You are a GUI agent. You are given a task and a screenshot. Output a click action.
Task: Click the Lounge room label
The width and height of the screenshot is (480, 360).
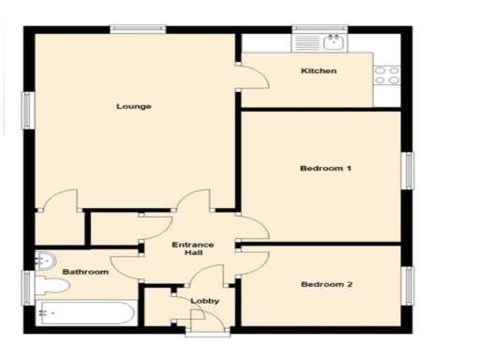pyautogui.click(x=133, y=106)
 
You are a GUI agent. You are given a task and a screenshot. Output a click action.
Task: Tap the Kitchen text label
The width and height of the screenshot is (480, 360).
pyautogui.click(x=318, y=71)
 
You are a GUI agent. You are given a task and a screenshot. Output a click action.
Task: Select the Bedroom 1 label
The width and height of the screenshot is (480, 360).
pyautogui.click(x=325, y=169)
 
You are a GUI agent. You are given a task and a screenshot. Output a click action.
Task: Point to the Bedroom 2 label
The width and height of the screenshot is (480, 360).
pyautogui.click(x=325, y=284)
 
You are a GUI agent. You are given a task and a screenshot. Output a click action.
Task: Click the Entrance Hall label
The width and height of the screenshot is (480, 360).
pyautogui.click(x=192, y=249)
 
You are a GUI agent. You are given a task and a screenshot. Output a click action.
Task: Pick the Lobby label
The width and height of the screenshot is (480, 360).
pyautogui.click(x=204, y=301)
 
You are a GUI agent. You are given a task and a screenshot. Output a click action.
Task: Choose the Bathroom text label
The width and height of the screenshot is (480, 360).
pyautogui.click(x=85, y=272)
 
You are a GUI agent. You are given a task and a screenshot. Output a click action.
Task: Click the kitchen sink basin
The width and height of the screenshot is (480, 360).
pyautogui.click(x=332, y=42)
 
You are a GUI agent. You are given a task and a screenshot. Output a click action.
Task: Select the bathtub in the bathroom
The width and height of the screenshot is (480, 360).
pyautogui.click(x=86, y=314)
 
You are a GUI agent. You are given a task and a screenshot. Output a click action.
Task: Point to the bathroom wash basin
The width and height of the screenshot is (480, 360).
pyautogui.click(x=43, y=262)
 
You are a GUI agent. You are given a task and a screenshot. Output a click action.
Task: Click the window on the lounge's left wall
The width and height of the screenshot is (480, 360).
pyautogui.click(x=29, y=111)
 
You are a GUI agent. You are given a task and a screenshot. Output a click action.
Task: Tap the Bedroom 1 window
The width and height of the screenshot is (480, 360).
pyautogui.click(x=408, y=171)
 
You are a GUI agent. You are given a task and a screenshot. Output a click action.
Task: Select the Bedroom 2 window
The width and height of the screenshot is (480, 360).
pyautogui.click(x=408, y=285)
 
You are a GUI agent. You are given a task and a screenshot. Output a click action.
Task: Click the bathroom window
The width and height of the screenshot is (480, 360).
pyautogui.click(x=29, y=284)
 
